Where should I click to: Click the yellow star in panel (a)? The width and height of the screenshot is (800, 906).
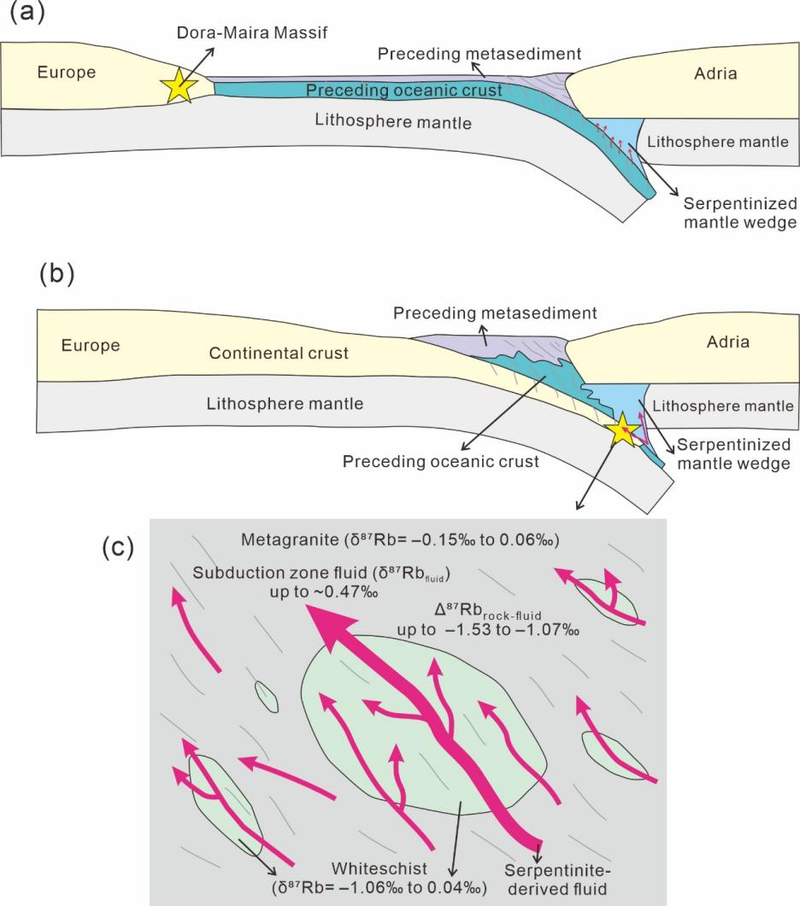pyautogui.click(x=179, y=85)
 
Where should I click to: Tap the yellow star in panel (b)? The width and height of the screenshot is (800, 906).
pyautogui.click(x=622, y=428)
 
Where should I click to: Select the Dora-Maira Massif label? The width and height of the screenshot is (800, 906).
pyautogui.click(x=251, y=32)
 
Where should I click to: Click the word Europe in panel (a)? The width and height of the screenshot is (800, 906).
pyautogui.click(x=67, y=73)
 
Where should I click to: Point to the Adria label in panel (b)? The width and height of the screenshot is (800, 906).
pyautogui.click(x=727, y=342)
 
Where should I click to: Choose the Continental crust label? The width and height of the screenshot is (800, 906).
pyautogui.click(x=279, y=353)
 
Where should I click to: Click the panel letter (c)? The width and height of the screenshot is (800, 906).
pyautogui.click(x=118, y=547)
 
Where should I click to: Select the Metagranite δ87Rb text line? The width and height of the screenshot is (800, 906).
pyautogui.click(x=400, y=540)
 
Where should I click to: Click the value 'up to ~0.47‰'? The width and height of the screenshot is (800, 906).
pyautogui.click(x=324, y=592)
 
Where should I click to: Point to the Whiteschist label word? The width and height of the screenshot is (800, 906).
pyautogui.click(x=379, y=868)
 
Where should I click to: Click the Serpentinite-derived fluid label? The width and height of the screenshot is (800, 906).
pyautogui.click(x=557, y=879)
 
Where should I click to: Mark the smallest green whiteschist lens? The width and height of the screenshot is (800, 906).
pyautogui.click(x=267, y=697)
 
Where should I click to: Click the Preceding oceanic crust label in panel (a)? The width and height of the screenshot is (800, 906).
pyautogui.click(x=403, y=91)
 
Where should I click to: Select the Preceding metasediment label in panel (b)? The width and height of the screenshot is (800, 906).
pyautogui.click(x=495, y=313)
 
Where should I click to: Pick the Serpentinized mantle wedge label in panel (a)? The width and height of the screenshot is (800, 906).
pyautogui.click(x=740, y=213)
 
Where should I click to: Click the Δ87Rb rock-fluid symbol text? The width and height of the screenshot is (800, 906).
pyautogui.click(x=488, y=611)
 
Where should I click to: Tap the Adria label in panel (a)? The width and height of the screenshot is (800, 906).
pyautogui.click(x=715, y=73)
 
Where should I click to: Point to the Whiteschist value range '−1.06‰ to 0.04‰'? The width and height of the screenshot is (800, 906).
pyautogui.click(x=383, y=887)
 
